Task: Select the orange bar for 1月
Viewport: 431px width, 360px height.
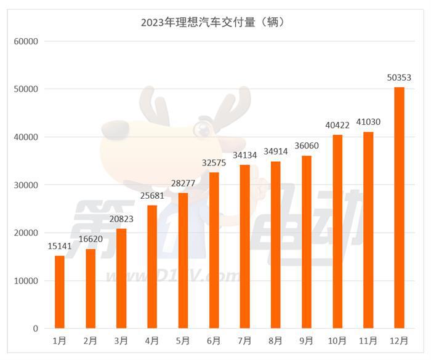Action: pos(60,292)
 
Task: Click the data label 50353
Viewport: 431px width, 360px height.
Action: pos(399,78)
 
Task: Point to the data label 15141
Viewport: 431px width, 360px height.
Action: pos(60,246)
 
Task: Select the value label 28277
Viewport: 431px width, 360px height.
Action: pos(183,183)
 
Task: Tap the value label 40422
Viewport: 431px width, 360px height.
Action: pos(337,125)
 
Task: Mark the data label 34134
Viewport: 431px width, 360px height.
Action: pos(244,155)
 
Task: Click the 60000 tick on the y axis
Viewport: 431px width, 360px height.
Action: pos(26,41)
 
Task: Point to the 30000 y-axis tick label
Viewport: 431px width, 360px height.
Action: pos(26,185)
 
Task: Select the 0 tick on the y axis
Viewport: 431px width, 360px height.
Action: pos(36,329)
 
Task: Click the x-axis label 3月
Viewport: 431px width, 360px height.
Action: pos(121,340)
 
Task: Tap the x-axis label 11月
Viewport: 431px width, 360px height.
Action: pos(368,340)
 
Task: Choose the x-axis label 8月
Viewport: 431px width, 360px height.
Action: pos(276,340)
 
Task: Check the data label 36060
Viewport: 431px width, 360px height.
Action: pos(307,146)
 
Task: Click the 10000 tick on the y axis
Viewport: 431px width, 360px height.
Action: pos(26,281)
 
